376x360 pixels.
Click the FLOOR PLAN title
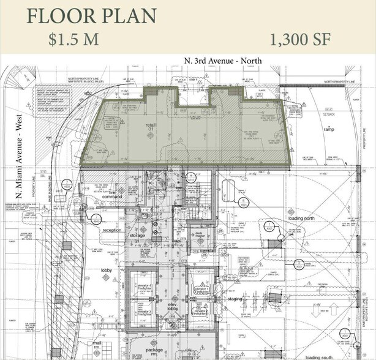[91, 16]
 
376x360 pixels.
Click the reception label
[112, 230]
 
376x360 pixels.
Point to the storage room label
[138, 235]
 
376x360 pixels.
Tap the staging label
[235, 298]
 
